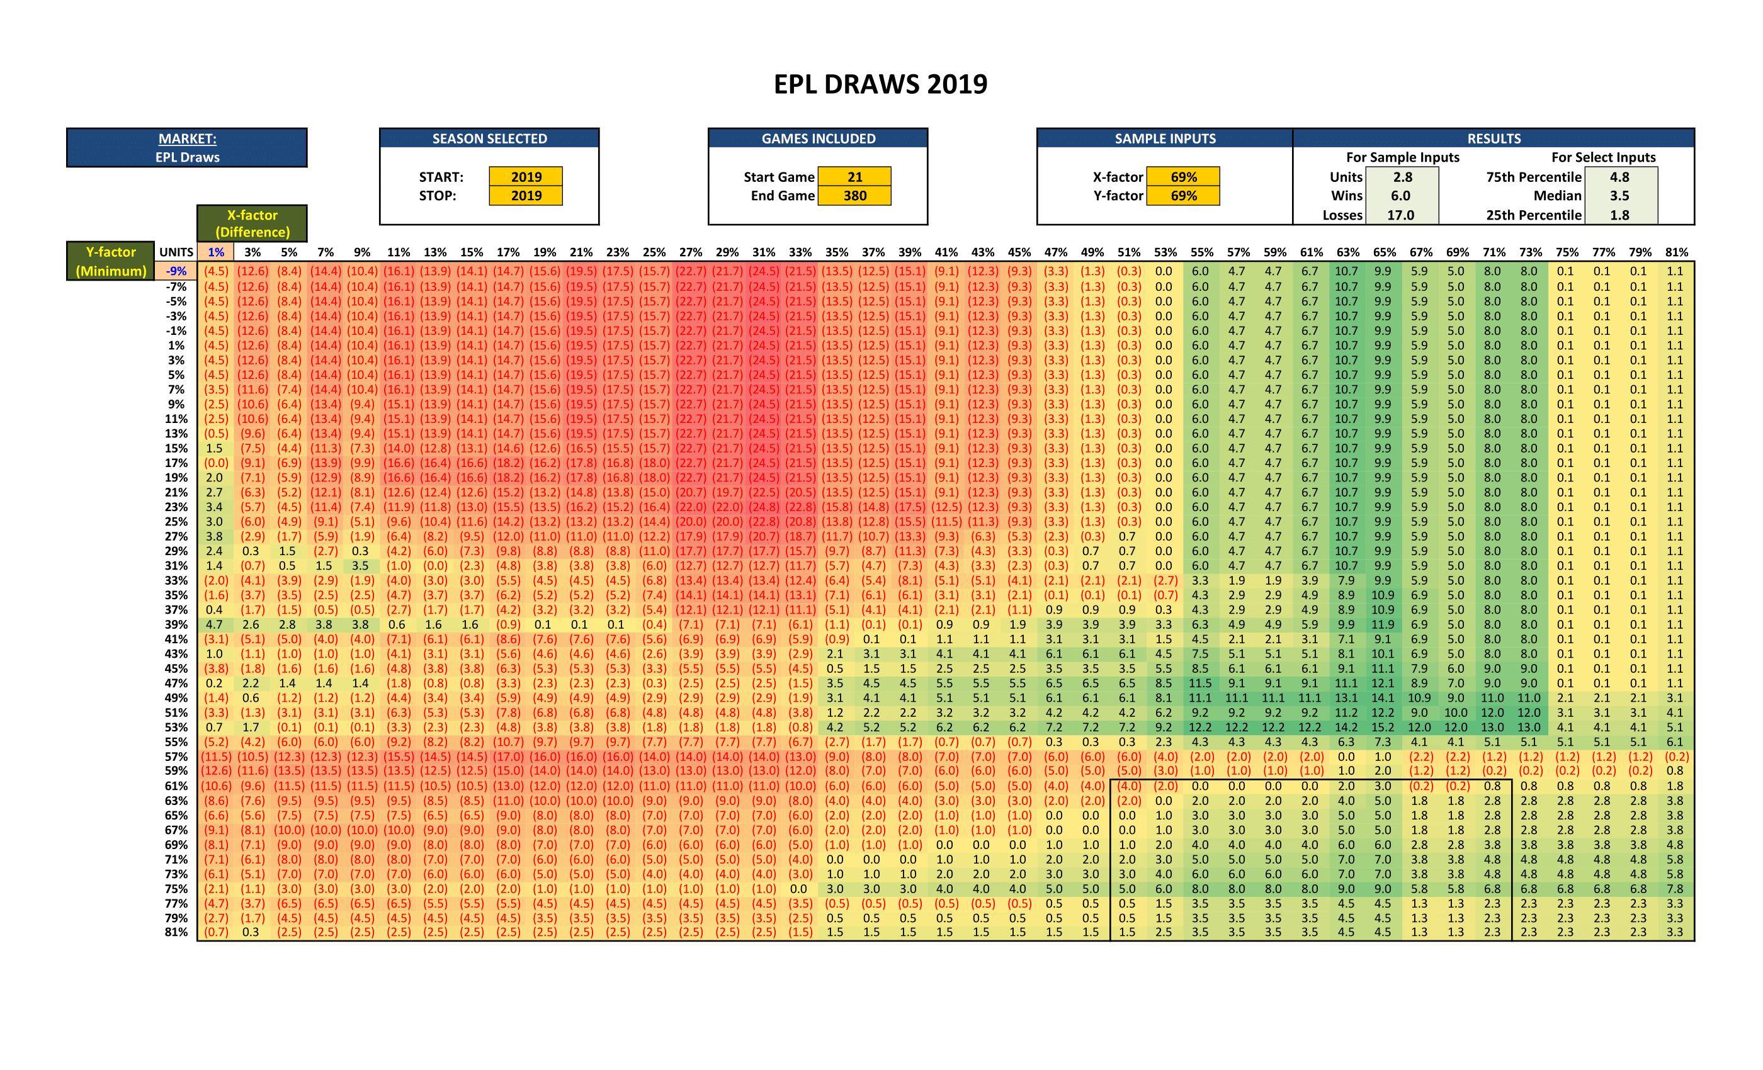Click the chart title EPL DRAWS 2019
pos(880,84)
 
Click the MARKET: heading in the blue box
pos(187,138)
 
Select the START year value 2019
pos(526,177)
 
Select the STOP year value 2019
pos(526,195)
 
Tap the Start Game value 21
pos(854,177)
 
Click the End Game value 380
pos(854,195)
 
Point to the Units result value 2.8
pos(1402,177)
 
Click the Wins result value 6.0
pos(1400,195)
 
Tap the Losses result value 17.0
pos(1400,215)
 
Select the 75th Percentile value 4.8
pos(1619,177)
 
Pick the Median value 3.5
pos(1619,195)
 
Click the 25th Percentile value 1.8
pos(1619,215)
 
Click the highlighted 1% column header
pos(215,252)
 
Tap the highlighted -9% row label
pos(176,271)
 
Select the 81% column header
pos(1675,252)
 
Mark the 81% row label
pos(176,932)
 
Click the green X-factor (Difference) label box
pos(252,223)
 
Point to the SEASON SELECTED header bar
pos(489,138)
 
